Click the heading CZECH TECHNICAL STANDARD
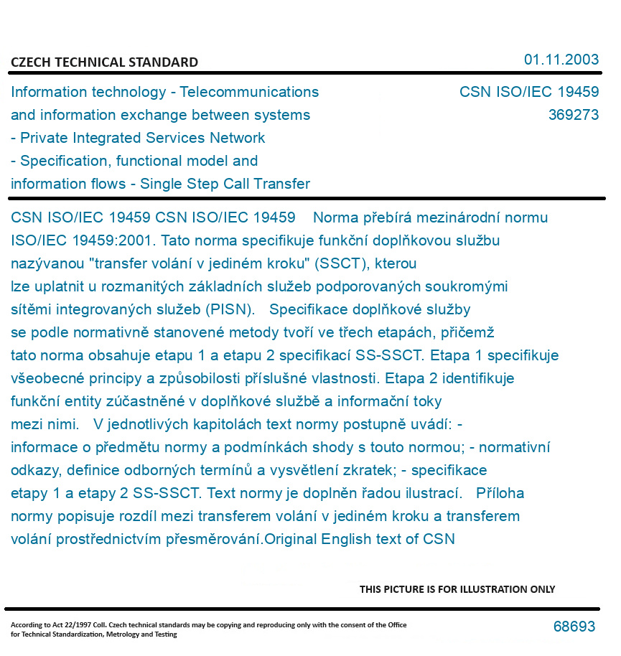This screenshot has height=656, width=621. (x=104, y=62)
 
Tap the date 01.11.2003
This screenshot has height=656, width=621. (x=561, y=60)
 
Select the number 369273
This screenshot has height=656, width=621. (x=573, y=115)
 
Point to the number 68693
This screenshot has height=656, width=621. (x=574, y=627)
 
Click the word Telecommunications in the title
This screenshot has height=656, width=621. (x=249, y=92)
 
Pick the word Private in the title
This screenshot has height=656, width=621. (x=43, y=138)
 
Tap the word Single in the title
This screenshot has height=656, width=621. (x=162, y=184)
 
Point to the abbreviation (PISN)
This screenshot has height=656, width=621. (x=231, y=309)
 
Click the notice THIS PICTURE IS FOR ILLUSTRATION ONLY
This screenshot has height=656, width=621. (x=457, y=589)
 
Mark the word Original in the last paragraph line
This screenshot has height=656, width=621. (x=291, y=539)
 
